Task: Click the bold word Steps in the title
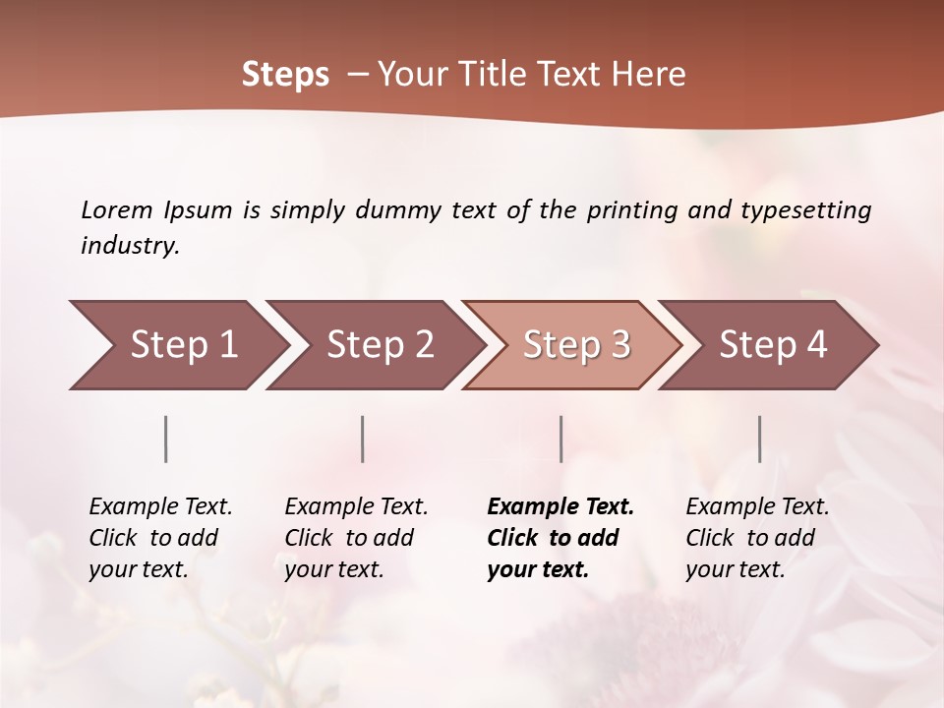coord(285,75)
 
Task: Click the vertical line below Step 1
coord(166,439)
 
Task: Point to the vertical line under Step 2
coord(363,439)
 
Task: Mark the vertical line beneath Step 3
coord(560,439)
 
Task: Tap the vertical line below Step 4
coord(759,439)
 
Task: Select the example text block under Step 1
coord(160,537)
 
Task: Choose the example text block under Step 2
coord(356,537)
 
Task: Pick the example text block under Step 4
coord(757,537)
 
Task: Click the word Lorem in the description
coord(117,209)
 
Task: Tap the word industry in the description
coord(130,246)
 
